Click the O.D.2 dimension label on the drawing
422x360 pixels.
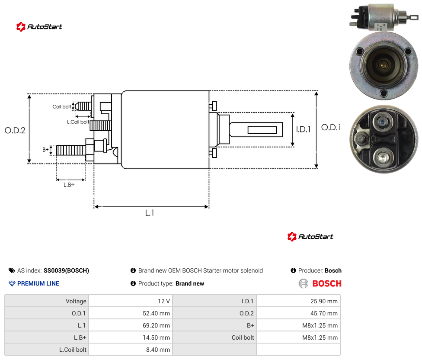pos(15,130)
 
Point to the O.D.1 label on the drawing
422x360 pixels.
pos(331,127)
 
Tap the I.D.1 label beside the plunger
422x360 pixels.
pos(304,129)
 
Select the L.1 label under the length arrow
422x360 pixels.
pos(150,213)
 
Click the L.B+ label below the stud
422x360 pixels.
pos(69,185)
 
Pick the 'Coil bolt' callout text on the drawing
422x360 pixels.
pos(62,106)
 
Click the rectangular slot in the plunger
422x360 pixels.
pos(262,130)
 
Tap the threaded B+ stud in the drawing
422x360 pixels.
pos(71,150)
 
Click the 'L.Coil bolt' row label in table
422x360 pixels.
pos(73,350)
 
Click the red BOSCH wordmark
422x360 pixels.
pos(327,283)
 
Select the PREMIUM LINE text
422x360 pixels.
pos(38,283)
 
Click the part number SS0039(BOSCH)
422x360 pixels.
pos(66,270)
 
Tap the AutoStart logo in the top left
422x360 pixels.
pos(39,27)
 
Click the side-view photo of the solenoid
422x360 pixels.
pos(384,17)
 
